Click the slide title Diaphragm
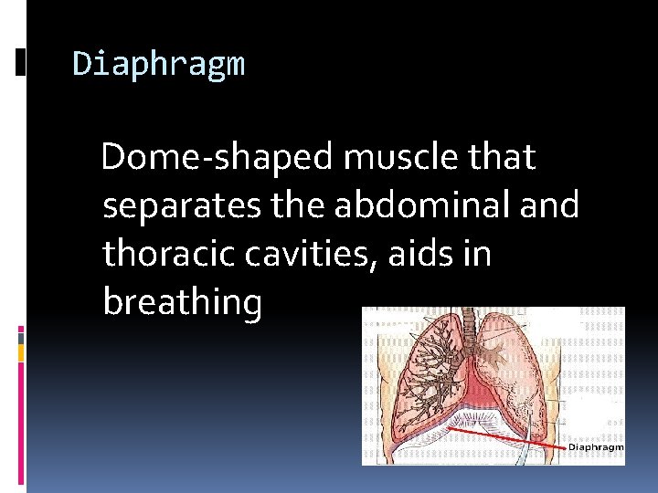tap(158, 65)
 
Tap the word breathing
tap(182, 302)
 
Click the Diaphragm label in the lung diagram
tap(596, 447)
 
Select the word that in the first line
tap(502, 158)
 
